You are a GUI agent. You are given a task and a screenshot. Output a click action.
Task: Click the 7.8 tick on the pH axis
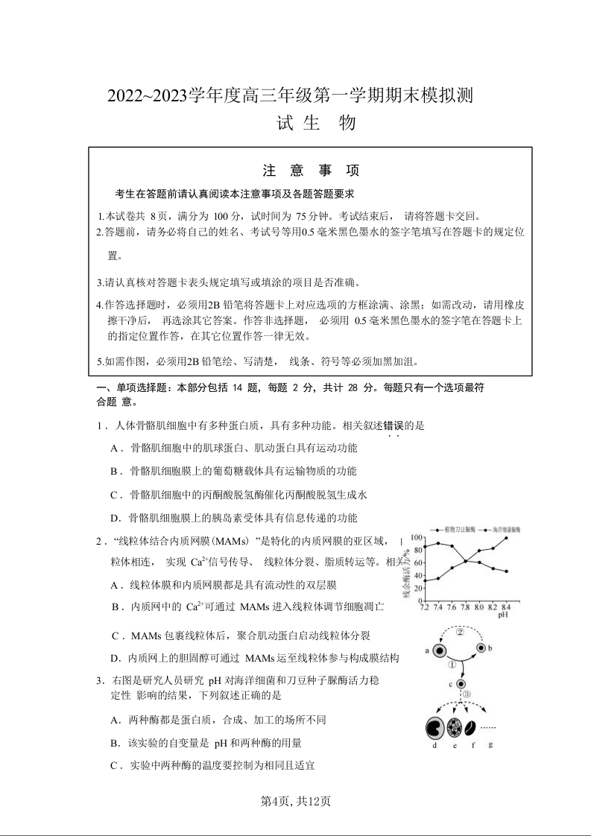pyautogui.click(x=465, y=607)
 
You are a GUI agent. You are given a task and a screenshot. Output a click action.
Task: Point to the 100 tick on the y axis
pyautogui.click(x=417, y=537)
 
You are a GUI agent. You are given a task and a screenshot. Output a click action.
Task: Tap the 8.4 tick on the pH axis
pyautogui.click(x=506, y=607)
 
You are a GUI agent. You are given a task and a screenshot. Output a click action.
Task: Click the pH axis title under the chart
pyautogui.click(x=503, y=615)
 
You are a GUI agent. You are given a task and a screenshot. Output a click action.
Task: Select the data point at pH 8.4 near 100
pyautogui.click(x=506, y=538)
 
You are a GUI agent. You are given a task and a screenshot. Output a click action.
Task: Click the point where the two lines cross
pyautogui.click(x=466, y=560)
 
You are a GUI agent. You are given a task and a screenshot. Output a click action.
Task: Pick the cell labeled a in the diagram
pyautogui.click(x=440, y=651)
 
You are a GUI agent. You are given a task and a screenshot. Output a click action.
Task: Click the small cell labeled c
pyautogui.click(x=461, y=683)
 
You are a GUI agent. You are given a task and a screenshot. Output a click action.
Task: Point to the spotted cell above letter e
pyautogui.click(x=455, y=726)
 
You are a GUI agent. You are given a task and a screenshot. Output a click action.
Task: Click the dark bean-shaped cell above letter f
pyautogui.click(x=471, y=727)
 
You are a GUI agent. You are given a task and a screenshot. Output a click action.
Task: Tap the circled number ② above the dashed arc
pyautogui.click(x=460, y=632)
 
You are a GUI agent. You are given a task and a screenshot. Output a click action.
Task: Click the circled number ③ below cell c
pyautogui.click(x=466, y=695)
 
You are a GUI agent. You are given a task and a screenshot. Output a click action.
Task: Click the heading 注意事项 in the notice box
pyautogui.click(x=311, y=171)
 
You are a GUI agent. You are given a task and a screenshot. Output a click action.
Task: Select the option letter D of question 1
pyautogui.click(x=116, y=518)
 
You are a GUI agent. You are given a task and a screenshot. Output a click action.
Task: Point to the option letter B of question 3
pyautogui.click(x=116, y=743)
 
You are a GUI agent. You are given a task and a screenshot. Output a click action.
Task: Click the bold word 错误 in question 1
pyautogui.click(x=393, y=425)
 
